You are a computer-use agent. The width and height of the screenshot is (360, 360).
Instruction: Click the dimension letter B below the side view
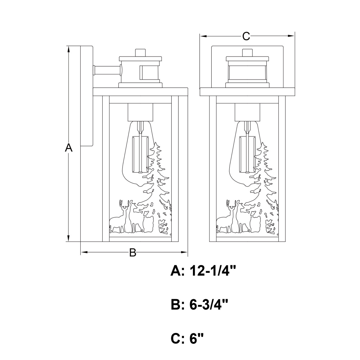click(x=133, y=253)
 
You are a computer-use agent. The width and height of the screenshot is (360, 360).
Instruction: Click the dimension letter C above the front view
click(x=246, y=36)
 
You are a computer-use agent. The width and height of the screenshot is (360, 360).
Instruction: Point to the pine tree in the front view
click(x=268, y=180)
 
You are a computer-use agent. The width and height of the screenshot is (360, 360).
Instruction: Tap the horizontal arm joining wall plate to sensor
click(x=107, y=70)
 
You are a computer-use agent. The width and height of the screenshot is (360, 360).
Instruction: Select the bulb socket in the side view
click(x=141, y=112)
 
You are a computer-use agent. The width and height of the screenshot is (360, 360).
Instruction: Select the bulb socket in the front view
click(x=247, y=112)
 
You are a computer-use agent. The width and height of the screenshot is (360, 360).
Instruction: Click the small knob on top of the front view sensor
click(x=247, y=53)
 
